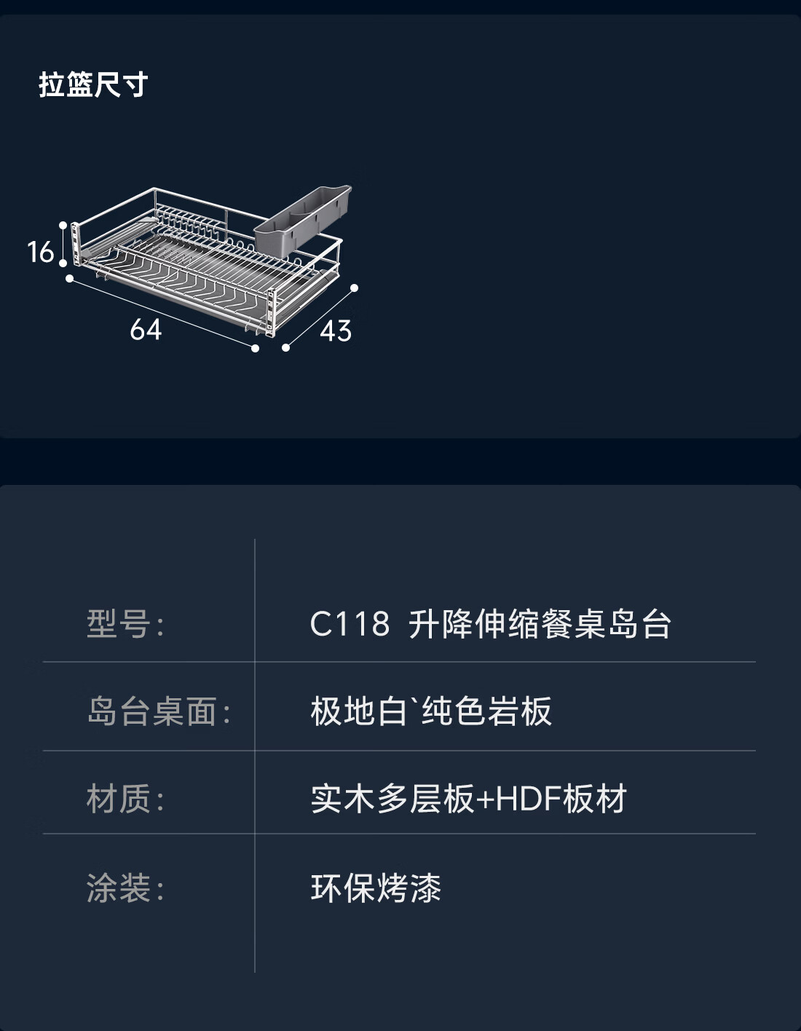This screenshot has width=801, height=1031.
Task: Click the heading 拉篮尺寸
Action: coord(93,85)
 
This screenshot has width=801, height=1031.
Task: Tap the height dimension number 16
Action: coord(41,252)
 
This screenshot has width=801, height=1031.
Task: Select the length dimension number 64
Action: coord(146,330)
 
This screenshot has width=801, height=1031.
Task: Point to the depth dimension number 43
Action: coord(336,331)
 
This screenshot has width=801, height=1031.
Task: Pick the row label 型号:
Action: coord(125,624)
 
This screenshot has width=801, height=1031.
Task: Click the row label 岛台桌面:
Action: coord(158,711)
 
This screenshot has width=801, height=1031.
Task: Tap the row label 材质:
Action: coord(125,799)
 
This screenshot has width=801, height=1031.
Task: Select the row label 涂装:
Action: coord(125,888)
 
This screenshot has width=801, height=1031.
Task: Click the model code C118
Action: coord(350,624)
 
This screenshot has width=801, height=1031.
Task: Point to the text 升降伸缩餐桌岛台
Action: coord(540,624)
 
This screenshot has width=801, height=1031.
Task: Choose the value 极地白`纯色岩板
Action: coord(431,711)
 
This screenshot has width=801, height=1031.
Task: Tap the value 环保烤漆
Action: coord(376,888)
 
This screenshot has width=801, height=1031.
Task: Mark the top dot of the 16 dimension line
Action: coord(63,226)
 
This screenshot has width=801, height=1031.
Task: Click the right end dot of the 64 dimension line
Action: coord(255,349)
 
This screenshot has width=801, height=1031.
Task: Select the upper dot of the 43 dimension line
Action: coord(355,288)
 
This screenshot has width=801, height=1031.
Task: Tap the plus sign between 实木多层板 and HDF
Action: coord(485,799)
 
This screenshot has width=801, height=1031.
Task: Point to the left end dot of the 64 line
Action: coord(70,278)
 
